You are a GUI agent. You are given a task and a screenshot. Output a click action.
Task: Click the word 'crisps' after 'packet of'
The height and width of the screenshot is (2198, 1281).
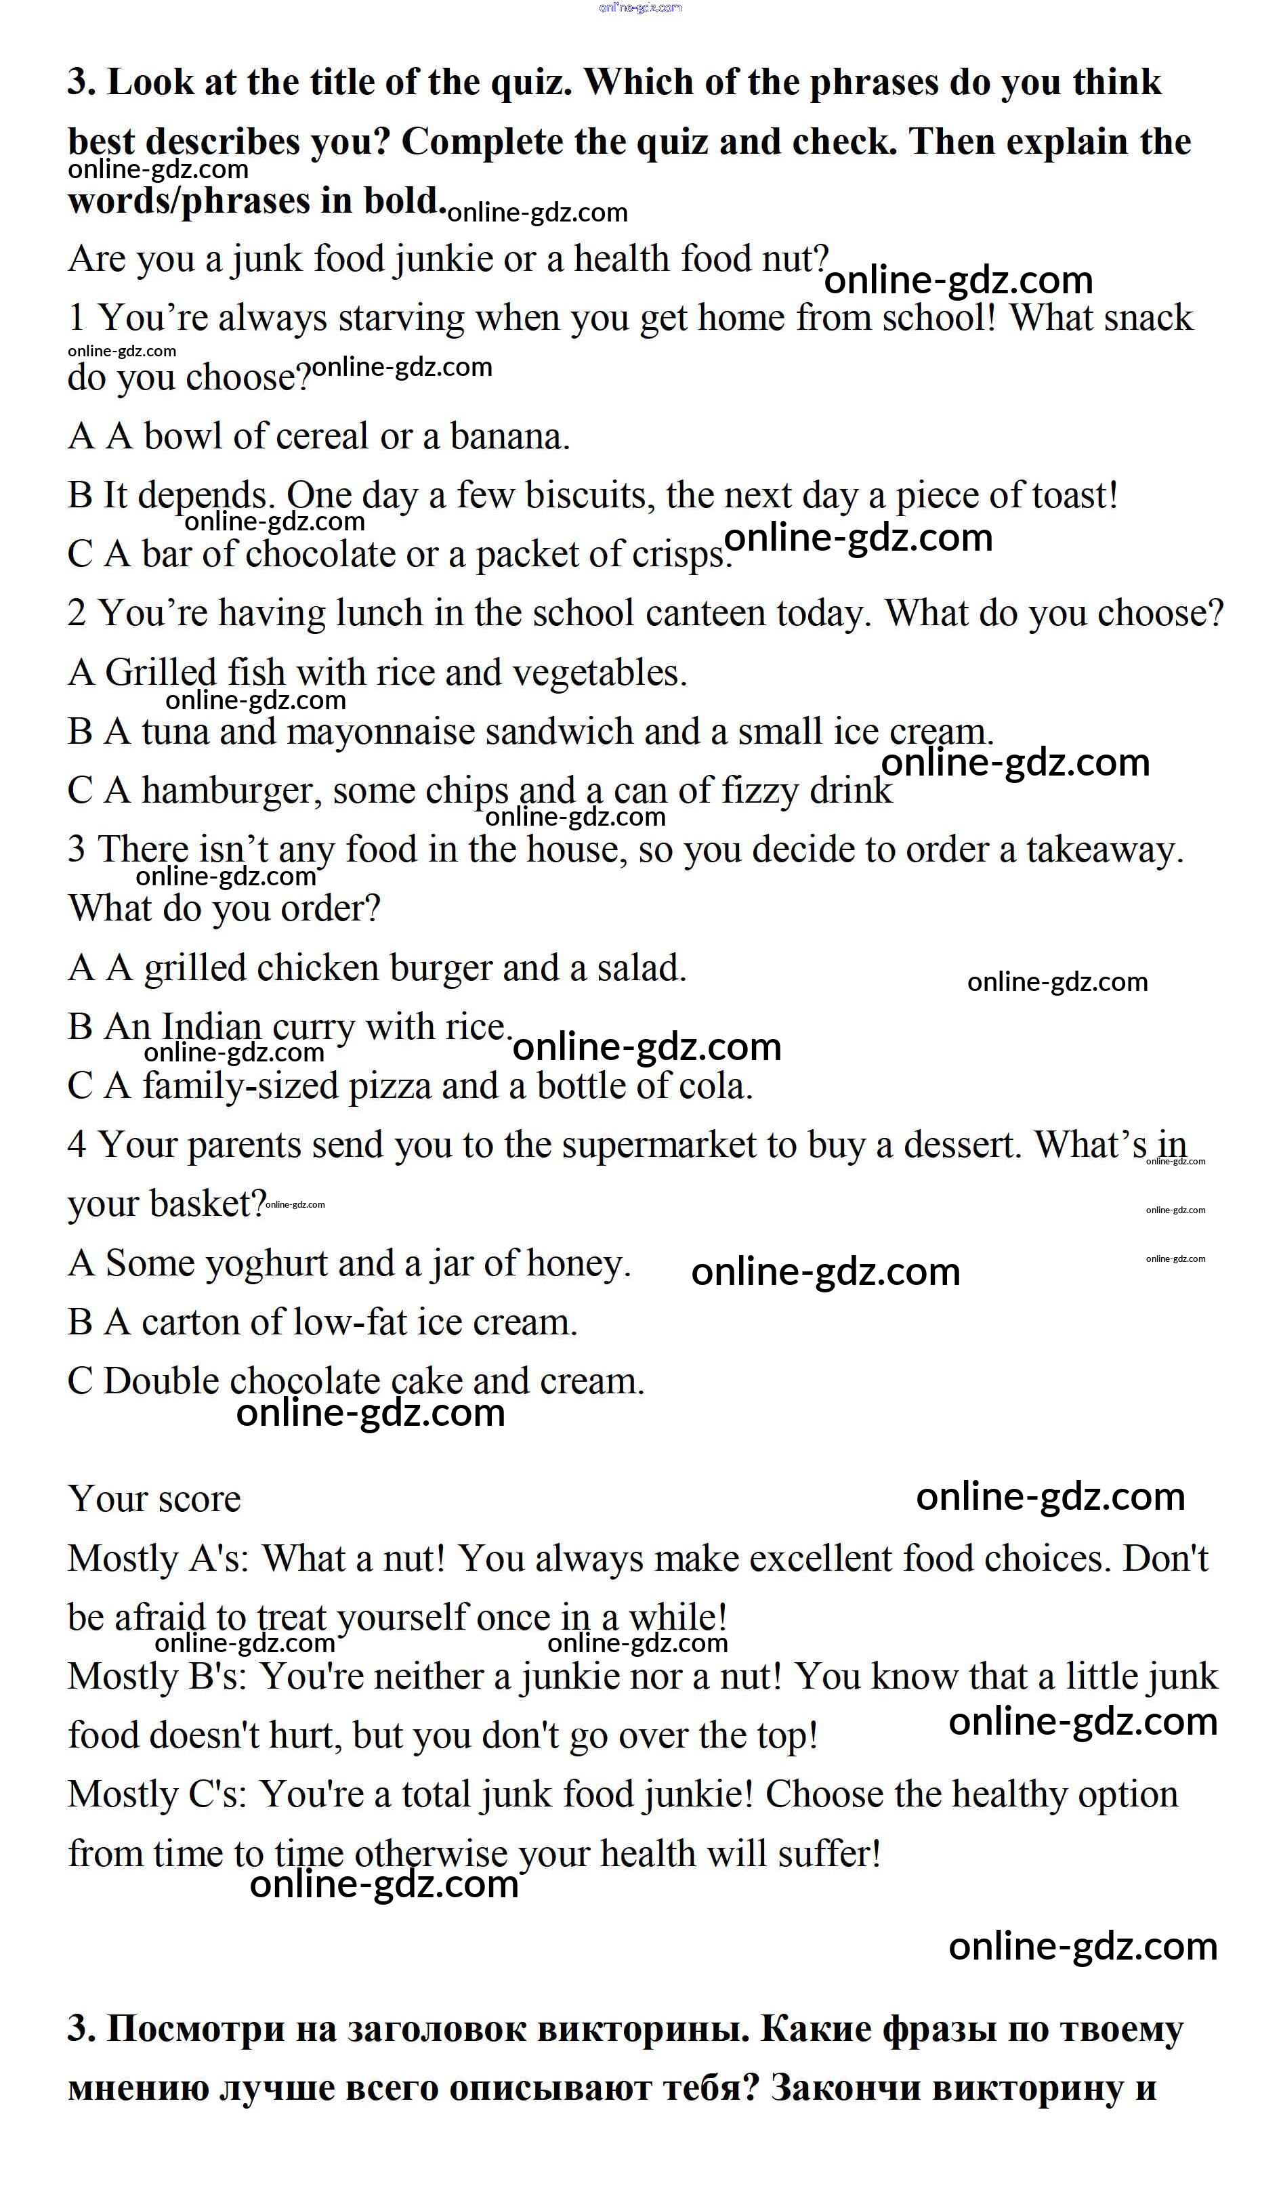pyautogui.click(x=680, y=555)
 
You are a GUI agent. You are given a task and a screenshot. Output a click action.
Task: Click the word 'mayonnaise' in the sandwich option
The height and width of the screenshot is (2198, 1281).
pyautogui.click(x=380, y=733)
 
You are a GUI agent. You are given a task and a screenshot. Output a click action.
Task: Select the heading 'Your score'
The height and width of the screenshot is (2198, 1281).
pyautogui.click(x=154, y=1500)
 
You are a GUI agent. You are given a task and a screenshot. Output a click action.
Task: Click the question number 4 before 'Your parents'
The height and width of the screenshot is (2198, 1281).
pyautogui.click(x=77, y=1145)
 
